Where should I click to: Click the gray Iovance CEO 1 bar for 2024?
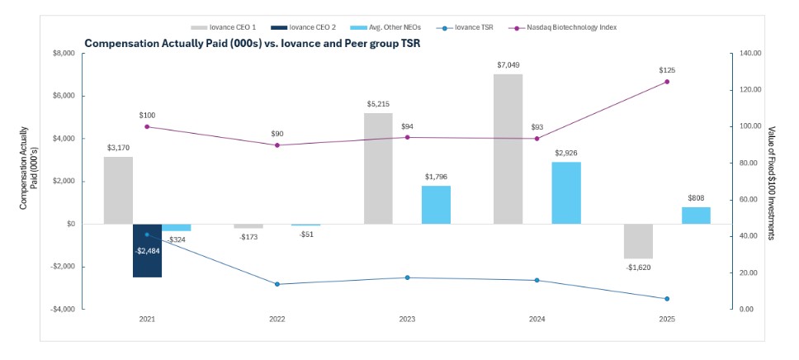(508, 149)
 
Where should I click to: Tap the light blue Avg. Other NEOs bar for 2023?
(436, 205)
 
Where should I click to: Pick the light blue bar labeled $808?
(696, 216)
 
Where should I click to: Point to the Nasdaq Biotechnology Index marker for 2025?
(667, 82)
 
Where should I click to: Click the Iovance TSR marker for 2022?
(277, 284)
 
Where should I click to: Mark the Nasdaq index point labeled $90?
(277, 145)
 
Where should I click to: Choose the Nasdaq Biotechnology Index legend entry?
(570, 27)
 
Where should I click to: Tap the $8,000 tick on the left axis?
(64, 54)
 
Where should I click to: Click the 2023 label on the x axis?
(407, 319)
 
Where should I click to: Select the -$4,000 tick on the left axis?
(62, 309)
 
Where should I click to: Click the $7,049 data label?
(508, 64)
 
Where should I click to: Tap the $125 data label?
(667, 70)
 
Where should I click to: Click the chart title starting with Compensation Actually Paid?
(252, 43)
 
